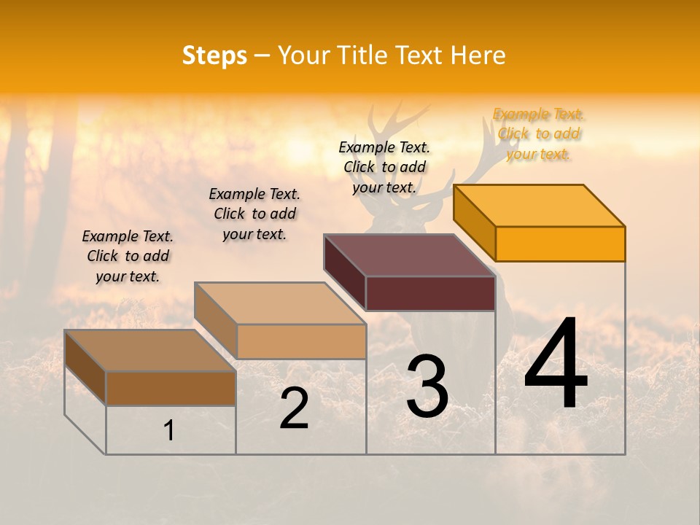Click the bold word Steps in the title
click(214, 55)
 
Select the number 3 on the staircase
click(427, 386)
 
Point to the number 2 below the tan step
click(294, 408)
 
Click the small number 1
click(169, 430)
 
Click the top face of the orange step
click(540, 205)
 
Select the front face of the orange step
click(560, 244)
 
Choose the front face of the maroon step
click(430, 293)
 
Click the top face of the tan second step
click(280, 303)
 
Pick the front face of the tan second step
click(301, 341)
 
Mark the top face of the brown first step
click(150, 351)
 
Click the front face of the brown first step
click(171, 388)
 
